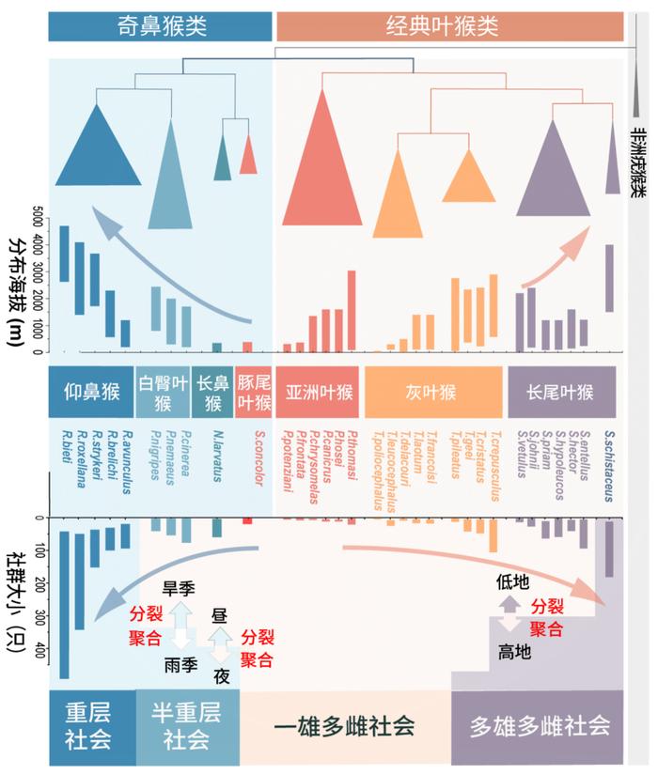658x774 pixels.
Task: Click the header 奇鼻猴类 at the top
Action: coord(160,26)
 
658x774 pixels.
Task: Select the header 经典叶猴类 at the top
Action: coord(448,26)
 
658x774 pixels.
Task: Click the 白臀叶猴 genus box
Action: coord(163,392)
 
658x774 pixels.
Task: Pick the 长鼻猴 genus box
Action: coord(212,392)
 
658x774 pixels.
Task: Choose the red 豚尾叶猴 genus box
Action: coord(254,392)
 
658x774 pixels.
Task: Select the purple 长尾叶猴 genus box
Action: coord(562,392)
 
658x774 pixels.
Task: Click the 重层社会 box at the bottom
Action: coord(88,724)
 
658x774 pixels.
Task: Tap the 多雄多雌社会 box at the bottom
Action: coord(537,725)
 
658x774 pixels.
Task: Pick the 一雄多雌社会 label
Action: coord(344,725)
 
